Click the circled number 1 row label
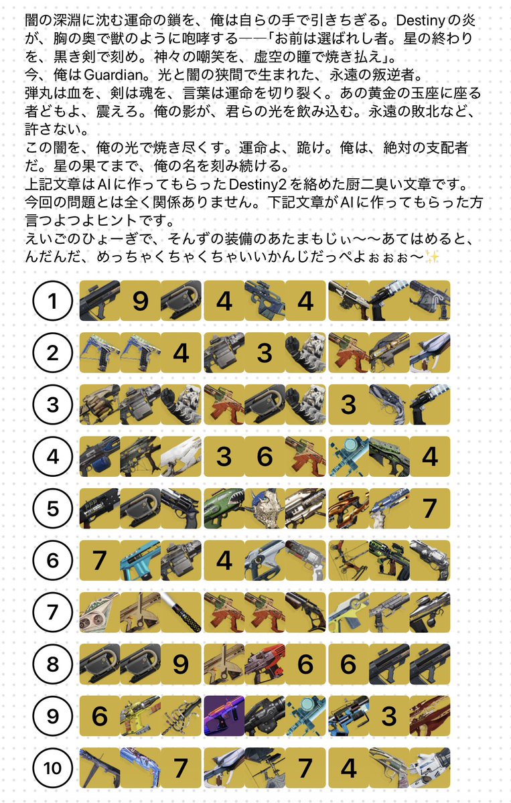53,301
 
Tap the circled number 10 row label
53,768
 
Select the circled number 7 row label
53,612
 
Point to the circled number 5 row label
53,508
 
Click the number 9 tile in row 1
140,301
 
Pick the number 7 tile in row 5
429,508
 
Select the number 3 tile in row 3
348,405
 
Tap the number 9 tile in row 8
181,664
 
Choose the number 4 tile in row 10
348,768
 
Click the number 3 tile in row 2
265,353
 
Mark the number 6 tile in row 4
265,457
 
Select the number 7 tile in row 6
99,560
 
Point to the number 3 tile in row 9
388,716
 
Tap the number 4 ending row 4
429,457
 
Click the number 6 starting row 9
99,716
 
